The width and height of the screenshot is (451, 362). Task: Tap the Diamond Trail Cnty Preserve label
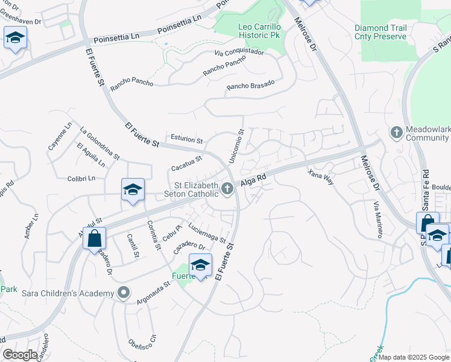(x=380, y=32)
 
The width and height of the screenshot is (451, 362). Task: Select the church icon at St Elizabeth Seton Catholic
(x=228, y=189)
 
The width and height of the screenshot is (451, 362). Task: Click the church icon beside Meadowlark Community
(x=396, y=132)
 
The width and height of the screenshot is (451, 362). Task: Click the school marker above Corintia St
(x=133, y=189)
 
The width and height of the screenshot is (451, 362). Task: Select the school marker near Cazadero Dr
(x=201, y=265)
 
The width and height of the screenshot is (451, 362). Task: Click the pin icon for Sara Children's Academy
(x=124, y=293)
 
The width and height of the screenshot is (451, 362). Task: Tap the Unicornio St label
(x=236, y=145)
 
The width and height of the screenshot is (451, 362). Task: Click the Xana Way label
(x=320, y=178)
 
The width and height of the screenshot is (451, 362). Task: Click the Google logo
(x=20, y=355)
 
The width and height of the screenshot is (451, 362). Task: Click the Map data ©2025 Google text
(x=414, y=357)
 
